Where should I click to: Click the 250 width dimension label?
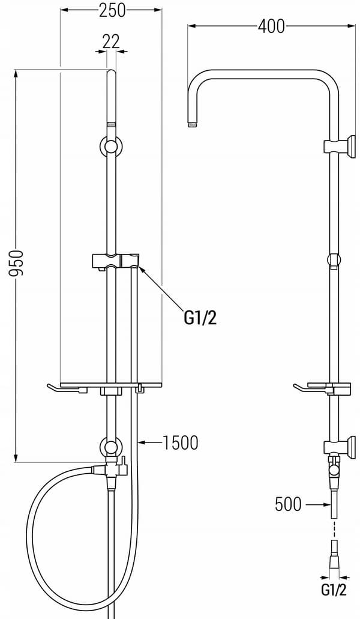coord(112,11)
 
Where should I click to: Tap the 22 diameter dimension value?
coord(111,41)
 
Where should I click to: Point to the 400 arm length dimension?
coord(271,26)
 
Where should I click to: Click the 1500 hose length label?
coord(180,443)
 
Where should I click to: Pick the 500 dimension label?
coord(288,504)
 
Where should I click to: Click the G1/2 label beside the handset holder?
coord(200,318)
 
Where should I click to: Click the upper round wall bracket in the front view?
coord(112,146)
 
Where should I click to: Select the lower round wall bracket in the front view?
coord(112,447)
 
